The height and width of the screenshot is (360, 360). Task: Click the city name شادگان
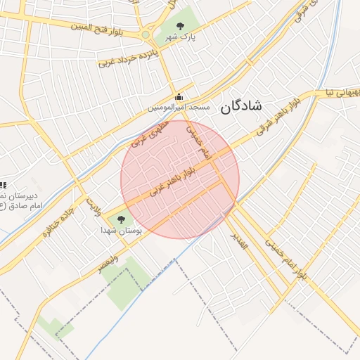(240, 106)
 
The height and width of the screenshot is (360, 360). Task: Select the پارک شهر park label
(179, 37)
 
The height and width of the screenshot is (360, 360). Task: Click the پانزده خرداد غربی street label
(125, 58)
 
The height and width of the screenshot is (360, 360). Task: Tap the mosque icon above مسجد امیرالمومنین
(179, 97)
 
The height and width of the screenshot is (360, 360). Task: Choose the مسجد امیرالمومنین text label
(179, 108)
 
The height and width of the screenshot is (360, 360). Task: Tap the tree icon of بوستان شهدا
(120, 220)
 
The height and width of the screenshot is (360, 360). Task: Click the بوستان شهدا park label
(121, 230)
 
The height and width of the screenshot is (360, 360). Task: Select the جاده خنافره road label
(58, 224)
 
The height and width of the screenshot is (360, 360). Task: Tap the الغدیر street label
(240, 240)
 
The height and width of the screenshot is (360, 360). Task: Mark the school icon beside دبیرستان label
(2, 184)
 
